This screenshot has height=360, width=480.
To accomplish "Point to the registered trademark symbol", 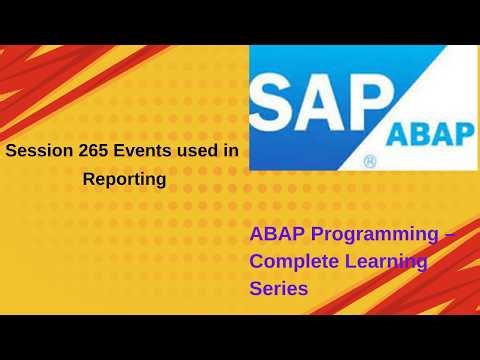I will [370, 160].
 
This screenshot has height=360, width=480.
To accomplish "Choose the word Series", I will [279, 287].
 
